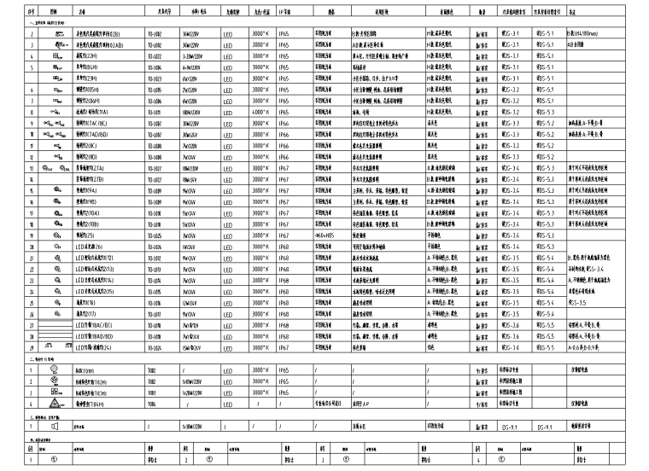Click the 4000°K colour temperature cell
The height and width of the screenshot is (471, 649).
[261, 112]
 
